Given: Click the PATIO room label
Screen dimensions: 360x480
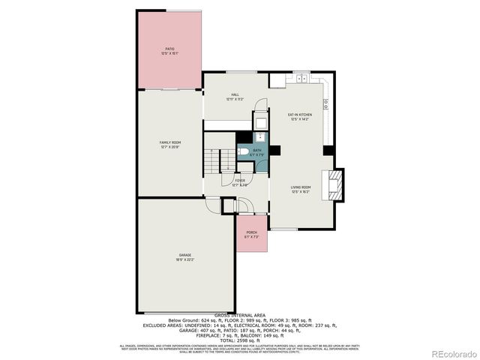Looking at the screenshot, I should click(x=169, y=49).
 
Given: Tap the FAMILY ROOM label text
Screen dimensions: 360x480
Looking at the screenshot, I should click(x=170, y=142).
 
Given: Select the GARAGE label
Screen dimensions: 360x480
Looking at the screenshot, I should click(x=185, y=256).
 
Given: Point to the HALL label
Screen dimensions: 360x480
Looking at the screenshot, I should click(x=235, y=94).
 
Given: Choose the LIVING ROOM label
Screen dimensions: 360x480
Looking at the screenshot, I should click(x=301, y=187).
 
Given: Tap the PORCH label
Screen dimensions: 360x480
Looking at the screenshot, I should click(x=252, y=232).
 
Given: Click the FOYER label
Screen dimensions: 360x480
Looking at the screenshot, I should click(x=239, y=180).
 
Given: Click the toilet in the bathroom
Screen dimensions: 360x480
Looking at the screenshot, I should click(x=243, y=152).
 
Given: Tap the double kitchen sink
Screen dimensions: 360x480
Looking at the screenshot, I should click(x=301, y=78).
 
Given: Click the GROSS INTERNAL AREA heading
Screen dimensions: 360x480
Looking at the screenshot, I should click(x=240, y=315).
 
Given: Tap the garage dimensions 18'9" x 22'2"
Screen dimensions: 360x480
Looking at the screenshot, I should click(x=185, y=260).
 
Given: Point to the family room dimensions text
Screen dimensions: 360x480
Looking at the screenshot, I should click(x=170, y=147).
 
